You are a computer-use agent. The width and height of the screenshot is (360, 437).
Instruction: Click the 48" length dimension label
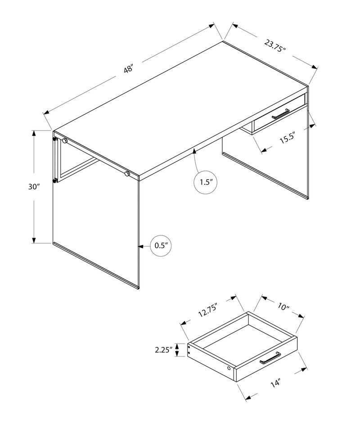point(129,69)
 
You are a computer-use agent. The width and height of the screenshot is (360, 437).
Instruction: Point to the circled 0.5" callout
point(161,246)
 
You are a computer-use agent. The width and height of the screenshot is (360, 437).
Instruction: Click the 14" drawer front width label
point(275,383)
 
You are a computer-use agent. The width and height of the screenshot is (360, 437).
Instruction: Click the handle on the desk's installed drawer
point(279,114)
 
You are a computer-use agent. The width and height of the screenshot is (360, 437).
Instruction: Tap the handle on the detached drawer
point(270,358)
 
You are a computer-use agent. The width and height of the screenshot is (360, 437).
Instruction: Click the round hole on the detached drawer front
point(230,369)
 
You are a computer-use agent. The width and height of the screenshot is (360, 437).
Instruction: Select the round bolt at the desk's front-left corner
point(65,141)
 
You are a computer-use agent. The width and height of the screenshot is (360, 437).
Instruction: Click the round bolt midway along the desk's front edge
point(127,173)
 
